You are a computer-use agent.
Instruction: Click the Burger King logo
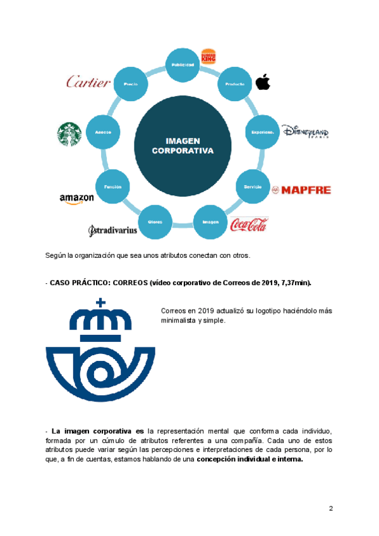[x=208, y=57]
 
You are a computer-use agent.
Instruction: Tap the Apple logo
[x=262, y=82]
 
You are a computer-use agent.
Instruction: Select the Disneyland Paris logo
[x=305, y=131]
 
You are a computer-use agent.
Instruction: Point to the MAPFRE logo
[x=301, y=190]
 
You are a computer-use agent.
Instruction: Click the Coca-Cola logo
[x=249, y=224]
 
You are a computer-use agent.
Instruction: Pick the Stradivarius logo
[x=112, y=230]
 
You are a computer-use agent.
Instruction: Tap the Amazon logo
[x=76, y=198]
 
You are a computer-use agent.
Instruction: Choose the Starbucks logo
[x=70, y=134]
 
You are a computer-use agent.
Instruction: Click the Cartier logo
[x=89, y=82]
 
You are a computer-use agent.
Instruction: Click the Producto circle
[x=234, y=84]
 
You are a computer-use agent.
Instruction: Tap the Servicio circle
[x=253, y=187]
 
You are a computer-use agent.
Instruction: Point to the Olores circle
[x=155, y=222]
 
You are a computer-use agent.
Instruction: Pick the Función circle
[x=112, y=187]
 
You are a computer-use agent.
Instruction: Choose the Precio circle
[x=131, y=83]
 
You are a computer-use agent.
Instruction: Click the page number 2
[x=330, y=508]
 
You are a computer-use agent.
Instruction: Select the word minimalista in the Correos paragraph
[x=179, y=320]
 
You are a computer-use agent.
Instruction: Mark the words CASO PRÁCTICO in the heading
[x=75, y=283]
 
